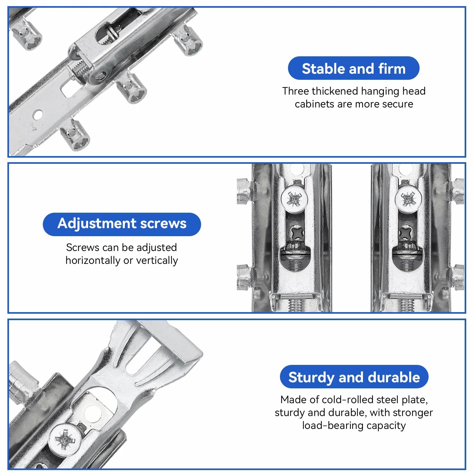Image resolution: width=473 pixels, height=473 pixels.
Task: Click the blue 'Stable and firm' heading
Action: click(353, 68)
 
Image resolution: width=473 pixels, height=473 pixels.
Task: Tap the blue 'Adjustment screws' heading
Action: click(122, 224)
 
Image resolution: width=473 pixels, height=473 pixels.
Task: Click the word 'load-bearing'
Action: click(333, 426)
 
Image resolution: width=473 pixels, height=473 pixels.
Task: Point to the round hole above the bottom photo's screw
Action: click(92, 413)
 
